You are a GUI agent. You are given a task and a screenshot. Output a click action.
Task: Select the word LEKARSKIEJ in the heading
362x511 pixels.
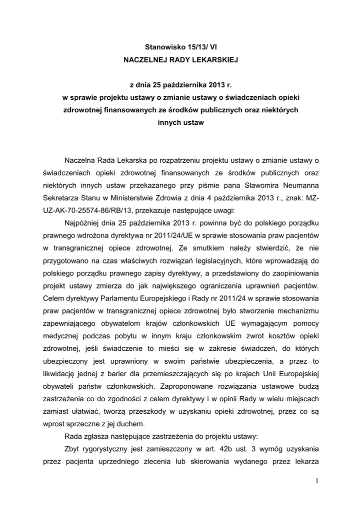pyautogui.click(x=214, y=60)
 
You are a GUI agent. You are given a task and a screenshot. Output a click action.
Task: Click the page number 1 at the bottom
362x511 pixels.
pyautogui.click(x=316, y=481)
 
